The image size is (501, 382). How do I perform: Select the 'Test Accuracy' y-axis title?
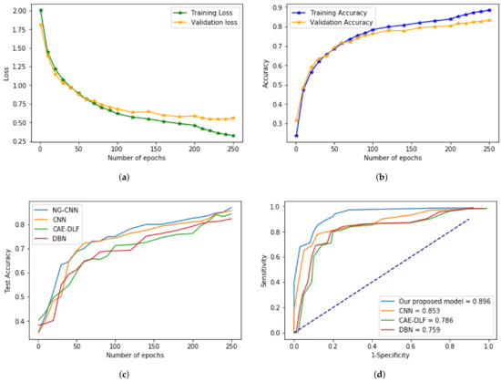coord(7,271)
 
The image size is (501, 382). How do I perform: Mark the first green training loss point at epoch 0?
coord(40,11)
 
